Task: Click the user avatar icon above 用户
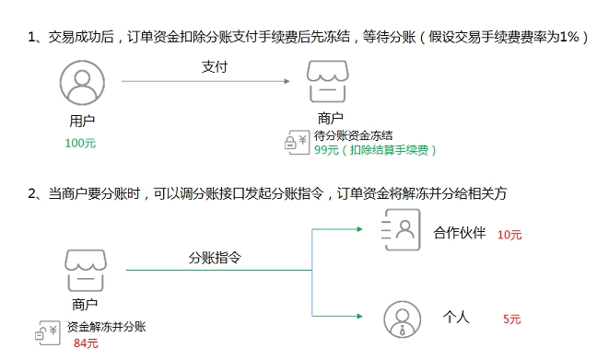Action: click(81, 84)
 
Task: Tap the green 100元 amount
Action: click(80, 144)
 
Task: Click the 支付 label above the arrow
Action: click(215, 67)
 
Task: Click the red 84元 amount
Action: click(86, 343)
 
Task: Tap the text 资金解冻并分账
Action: click(105, 328)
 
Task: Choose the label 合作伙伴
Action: click(459, 232)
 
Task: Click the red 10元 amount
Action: click(509, 235)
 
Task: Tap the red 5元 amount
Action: click(512, 319)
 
